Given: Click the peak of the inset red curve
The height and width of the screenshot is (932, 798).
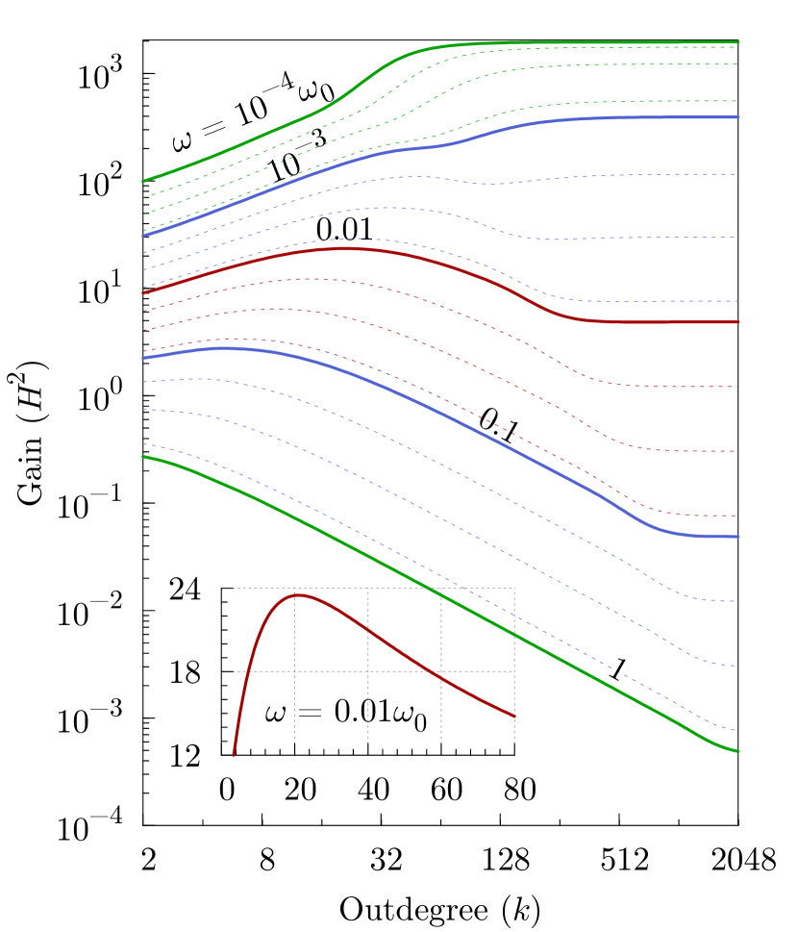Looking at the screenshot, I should [298, 594].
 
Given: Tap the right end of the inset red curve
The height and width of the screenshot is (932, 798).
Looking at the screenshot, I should [514, 717].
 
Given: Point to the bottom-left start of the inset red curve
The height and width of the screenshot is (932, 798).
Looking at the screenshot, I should [234, 756].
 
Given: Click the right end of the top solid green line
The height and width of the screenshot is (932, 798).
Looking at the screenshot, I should [739, 42].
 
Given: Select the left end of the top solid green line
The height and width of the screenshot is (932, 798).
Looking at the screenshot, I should [142, 181].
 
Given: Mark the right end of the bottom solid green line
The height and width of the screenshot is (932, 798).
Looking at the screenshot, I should [739, 752].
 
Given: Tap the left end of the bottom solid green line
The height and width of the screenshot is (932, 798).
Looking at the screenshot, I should [142, 457].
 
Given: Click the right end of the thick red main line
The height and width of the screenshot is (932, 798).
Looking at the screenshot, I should [739, 322].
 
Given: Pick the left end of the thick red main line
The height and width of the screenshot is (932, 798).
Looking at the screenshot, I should [142, 292].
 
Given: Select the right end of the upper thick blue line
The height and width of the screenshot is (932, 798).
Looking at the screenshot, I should [739, 117].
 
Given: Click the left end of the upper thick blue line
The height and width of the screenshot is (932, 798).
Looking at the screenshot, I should [142, 237].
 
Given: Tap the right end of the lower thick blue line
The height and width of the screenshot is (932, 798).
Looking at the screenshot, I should [739, 537].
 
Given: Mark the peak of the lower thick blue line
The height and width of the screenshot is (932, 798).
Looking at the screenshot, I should [223, 348].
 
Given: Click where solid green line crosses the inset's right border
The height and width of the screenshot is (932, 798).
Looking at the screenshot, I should [514, 635].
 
